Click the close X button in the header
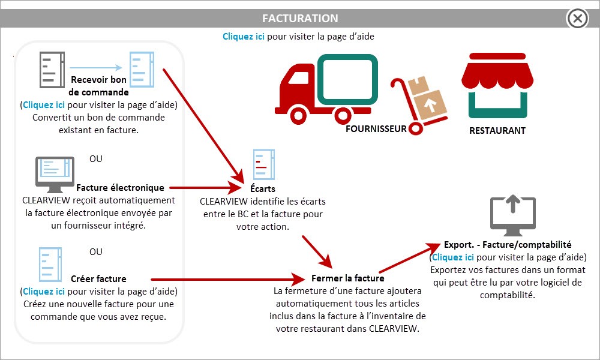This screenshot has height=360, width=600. (577, 19)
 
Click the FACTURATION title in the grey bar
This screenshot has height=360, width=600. (300, 19)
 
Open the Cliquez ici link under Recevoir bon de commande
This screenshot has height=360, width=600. (44, 105)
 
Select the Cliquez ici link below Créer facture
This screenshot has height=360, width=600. (44, 292)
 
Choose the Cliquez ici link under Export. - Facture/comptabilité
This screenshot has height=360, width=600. (452, 257)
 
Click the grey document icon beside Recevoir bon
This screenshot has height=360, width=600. (52, 70)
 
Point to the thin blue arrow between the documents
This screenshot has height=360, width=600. (96, 68)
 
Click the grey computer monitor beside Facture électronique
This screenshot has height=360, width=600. (55, 175)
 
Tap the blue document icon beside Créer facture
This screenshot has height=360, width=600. (50, 265)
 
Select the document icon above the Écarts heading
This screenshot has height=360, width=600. (263, 164)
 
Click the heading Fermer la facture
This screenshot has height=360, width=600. (348, 278)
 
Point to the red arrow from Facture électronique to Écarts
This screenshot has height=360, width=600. (205, 188)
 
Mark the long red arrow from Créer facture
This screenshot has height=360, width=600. (227, 280)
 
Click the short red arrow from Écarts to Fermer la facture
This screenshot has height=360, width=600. (317, 252)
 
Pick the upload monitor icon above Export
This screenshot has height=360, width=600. (513, 215)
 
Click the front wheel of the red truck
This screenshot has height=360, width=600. (298, 115)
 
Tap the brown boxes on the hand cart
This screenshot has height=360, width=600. (426, 97)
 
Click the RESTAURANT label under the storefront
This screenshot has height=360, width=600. (497, 130)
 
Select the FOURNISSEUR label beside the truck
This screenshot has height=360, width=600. (376, 129)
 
